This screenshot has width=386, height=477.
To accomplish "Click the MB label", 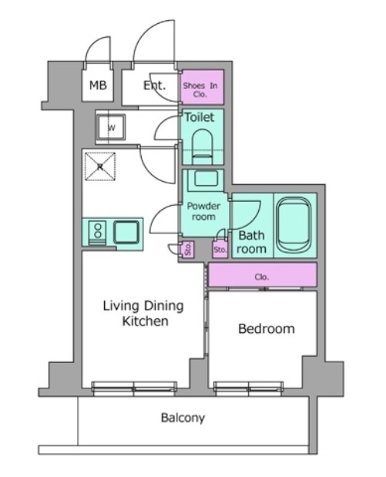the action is [98, 86].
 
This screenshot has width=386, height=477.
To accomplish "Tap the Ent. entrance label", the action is [155, 86].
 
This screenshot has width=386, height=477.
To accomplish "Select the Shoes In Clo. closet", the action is [203, 87].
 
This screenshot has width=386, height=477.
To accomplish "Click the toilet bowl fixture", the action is [202, 146].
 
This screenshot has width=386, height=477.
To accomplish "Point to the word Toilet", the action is [200, 117].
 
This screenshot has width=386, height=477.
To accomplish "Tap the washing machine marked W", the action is [111, 127].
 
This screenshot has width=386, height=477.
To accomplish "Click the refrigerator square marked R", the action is [100, 166].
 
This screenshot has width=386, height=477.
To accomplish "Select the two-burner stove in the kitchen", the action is [97, 233].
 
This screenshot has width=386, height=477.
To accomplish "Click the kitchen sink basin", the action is [126, 233].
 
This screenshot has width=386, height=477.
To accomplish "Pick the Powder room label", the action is [203, 211].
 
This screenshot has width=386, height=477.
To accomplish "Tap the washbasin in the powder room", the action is [206, 178].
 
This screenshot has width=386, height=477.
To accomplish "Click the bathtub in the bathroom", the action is [294, 225].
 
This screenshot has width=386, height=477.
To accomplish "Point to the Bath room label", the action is [251, 242].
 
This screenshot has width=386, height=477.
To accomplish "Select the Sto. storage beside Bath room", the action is [220, 250].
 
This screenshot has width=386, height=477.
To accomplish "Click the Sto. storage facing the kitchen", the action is [188, 249].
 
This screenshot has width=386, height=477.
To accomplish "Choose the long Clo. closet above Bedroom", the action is [263, 275].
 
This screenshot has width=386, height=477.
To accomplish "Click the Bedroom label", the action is [267, 329].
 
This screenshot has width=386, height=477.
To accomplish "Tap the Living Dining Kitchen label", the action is [143, 314].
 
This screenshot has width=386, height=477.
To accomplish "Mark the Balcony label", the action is [183, 418].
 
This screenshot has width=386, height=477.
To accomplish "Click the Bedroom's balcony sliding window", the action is [249, 389].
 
